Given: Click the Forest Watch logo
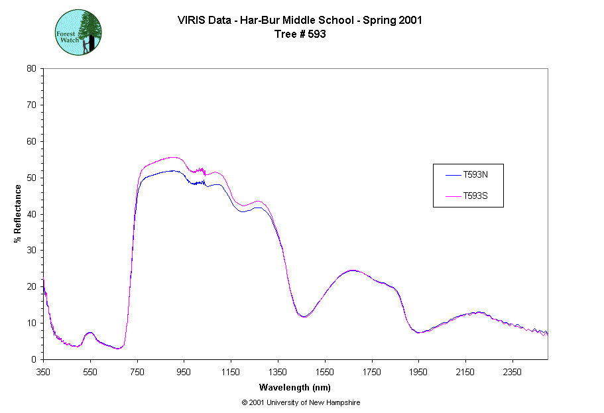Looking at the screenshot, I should pos(78,32).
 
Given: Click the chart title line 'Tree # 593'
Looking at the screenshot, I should pos(300,34).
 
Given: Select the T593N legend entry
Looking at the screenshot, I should pos(475,175).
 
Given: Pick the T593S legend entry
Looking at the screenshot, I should pos(475,196).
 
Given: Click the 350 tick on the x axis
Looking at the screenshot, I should pos(43,372).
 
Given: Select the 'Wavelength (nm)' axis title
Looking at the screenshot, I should pos(295,387).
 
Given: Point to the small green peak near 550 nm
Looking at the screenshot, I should pos(90,332).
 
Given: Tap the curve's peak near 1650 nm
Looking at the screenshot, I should pos(352,270).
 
